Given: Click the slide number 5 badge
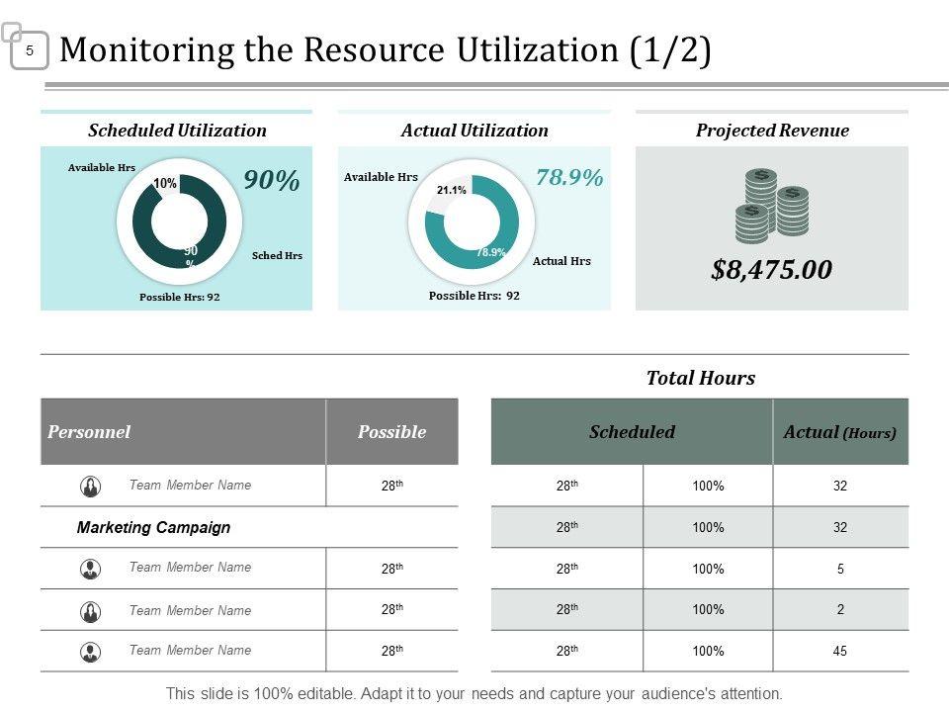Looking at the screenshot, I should click(x=30, y=50).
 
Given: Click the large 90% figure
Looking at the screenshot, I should click(x=272, y=181).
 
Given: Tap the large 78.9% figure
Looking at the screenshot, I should click(x=569, y=178).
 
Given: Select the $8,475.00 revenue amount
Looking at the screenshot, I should click(x=771, y=269).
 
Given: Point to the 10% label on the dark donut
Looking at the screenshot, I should click(x=165, y=184).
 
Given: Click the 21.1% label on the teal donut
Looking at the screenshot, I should click(x=452, y=190).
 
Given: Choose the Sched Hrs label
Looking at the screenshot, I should click(x=277, y=256).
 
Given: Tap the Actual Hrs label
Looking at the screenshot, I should click(x=561, y=261).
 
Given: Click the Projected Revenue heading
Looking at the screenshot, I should click(x=772, y=131).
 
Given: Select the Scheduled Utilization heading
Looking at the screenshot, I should click(x=177, y=131).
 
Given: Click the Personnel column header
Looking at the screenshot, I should click(x=89, y=432).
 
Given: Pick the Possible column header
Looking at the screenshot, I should click(x=391, y=432).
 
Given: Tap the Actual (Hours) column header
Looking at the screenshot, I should click(x=840, y=432).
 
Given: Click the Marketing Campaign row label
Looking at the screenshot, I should click(x=153, y=528).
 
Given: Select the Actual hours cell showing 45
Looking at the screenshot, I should click(x=840, y=652).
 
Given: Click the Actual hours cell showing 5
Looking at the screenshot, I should click(x=840, y=570).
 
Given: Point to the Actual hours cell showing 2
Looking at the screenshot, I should click(x=840, y=610).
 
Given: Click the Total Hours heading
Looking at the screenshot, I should click(x=700, y=378).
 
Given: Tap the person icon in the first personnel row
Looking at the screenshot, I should click(x=90, y=487).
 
